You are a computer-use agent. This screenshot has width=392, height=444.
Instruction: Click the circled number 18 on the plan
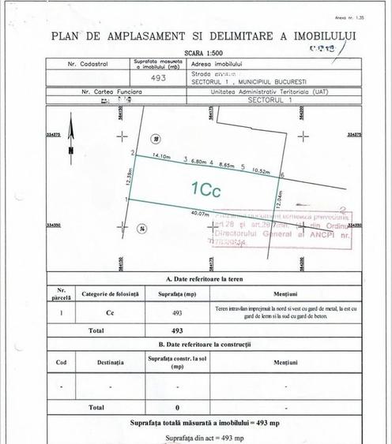[156, 139]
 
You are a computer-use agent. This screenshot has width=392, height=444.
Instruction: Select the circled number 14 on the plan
[141, 229]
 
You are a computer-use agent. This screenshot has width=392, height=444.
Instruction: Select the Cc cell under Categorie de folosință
[110, 312]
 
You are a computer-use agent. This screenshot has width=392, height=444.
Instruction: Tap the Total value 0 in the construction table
[177, 407]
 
